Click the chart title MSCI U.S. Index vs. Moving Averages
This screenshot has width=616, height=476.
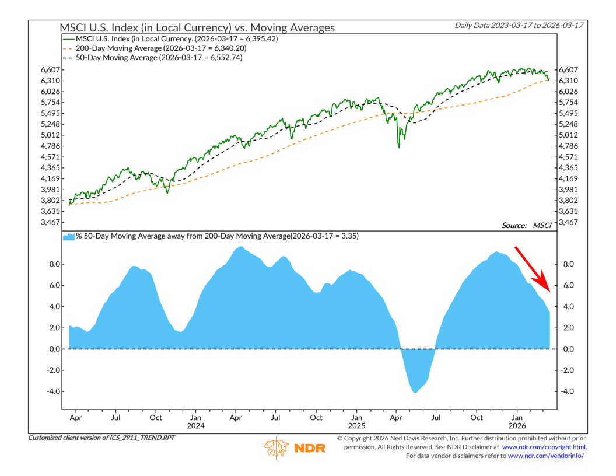pos(198,27)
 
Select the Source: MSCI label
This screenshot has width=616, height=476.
pos(524,225)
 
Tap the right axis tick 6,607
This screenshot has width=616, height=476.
pos(569,69)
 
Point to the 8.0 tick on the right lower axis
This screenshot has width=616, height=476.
pos(567,264)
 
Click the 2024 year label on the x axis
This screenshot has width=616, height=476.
pos(195,426)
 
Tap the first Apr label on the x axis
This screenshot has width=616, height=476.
pos(75,418)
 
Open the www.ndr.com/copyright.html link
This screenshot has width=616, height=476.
pos(544,447)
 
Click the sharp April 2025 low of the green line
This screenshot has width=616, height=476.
pos(399,147)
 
